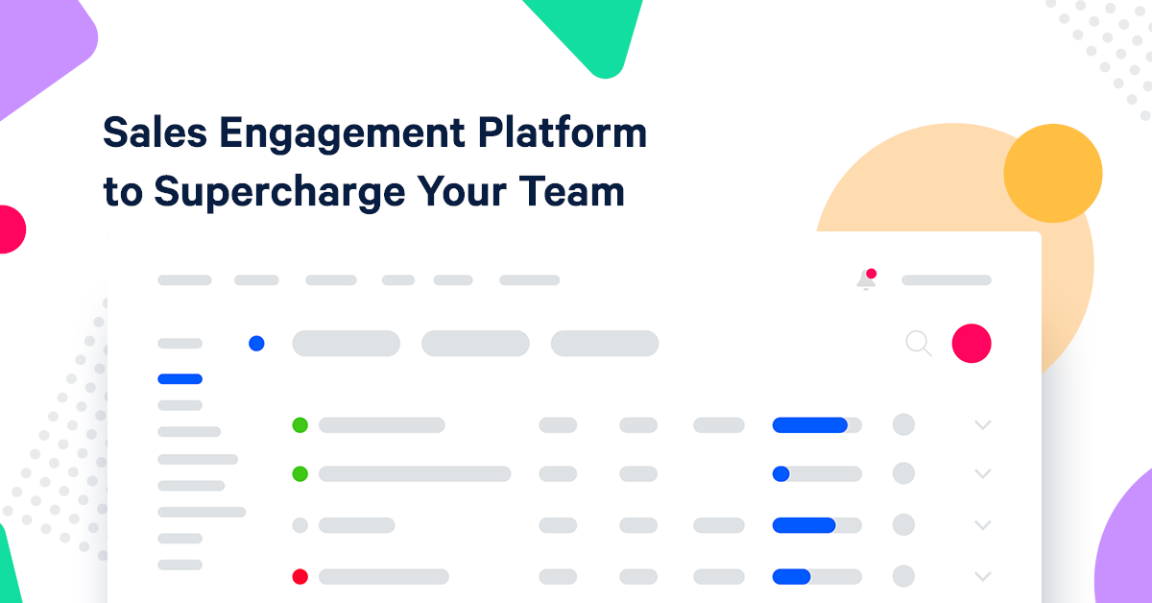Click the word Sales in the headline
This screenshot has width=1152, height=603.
click(153, 133)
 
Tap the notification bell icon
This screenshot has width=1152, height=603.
click(866, 280)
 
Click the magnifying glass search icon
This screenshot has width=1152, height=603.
click(919, 344)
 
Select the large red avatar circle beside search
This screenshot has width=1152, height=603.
click(972, 343)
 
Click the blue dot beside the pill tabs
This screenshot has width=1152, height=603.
click(256, 343)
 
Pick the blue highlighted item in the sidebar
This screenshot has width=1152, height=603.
click(180, 379)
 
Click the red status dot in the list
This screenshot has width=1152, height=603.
click(300, 577)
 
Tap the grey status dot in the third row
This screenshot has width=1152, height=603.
click(300, 525)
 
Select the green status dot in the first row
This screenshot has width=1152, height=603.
click(300, 424)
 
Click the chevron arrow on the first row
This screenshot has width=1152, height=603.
click(982, 424)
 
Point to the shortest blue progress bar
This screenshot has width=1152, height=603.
click(780, 473)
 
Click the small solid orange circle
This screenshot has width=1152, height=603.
click(1052, 174)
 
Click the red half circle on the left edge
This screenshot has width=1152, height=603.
click(10, 229)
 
